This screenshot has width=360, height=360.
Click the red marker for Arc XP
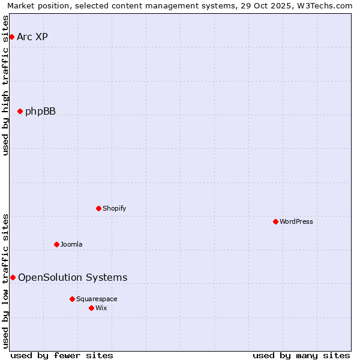[11, 37]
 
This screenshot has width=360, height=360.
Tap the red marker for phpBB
[20, 111]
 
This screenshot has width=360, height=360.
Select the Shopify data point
[98, 208]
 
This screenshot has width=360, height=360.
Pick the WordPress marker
[275, 221]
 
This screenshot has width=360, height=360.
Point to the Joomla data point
[56, 244]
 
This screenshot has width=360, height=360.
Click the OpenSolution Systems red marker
[13, 277]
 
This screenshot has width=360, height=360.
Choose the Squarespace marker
[72, 299]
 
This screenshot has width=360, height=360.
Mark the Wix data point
[91, 308]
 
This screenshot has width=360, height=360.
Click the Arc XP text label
[32, 37]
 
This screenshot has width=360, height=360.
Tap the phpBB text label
[40, 111]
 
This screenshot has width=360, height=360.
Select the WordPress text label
[296, 221]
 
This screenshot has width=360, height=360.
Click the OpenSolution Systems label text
[73, 277]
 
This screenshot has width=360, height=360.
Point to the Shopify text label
[114, 208]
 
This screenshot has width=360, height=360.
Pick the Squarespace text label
[97, 299]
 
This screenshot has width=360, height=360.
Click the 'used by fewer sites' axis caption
[62, 355]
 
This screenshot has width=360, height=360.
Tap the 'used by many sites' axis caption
[301, 355]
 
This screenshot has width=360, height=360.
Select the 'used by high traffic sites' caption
[5, 85]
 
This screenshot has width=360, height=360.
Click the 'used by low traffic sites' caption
[5, 281]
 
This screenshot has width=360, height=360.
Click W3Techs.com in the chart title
[326, 5]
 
